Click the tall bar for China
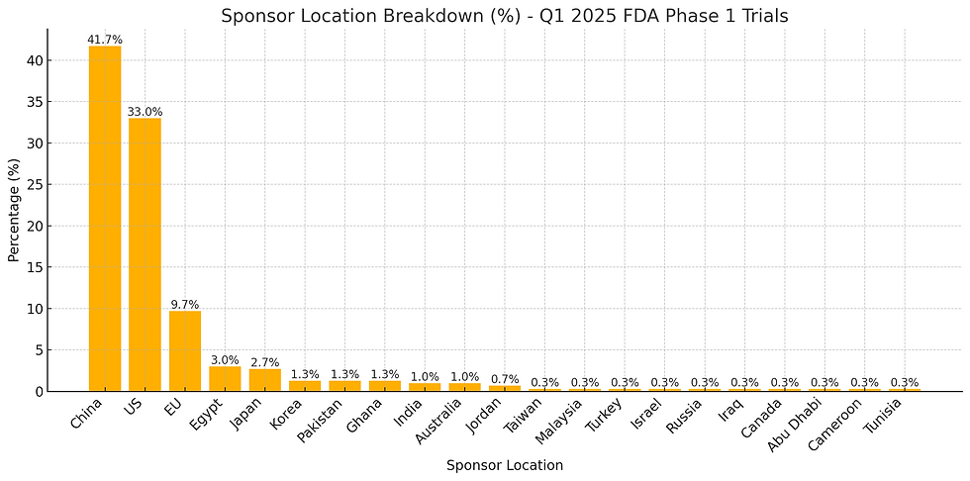point(105,218)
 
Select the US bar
point(145,254)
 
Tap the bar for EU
point(184,350)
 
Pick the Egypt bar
point(225,378)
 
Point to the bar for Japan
point(264,379)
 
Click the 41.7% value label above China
point(105,40)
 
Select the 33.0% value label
point(145,112)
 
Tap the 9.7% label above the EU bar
point(184,305)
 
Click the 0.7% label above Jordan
point(505,379)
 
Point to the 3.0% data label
point(225,360)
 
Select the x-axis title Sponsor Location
point(505,465)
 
